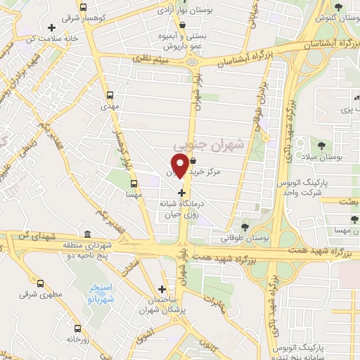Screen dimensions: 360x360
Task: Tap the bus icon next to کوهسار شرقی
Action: click(x=83, y=8)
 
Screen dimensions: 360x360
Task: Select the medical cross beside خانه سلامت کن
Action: click(x=51, y=29)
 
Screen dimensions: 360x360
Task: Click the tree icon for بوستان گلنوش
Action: click(x=339, y=8)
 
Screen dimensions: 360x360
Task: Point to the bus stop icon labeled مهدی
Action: click(x=110, y=95)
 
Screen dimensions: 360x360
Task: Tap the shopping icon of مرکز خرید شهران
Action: click(x=193, y=161)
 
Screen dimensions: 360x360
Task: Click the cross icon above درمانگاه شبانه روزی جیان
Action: click(x=182, y=192)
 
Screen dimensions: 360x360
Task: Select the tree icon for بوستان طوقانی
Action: click(x=245, y=226)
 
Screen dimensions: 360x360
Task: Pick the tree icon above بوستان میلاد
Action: click(x=321, y=146)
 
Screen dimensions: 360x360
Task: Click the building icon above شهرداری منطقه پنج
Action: click(x=86, y=233)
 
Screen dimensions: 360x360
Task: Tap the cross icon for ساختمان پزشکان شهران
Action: click(x=162, y=288)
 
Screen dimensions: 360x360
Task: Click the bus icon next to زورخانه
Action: click(x=78, y=328)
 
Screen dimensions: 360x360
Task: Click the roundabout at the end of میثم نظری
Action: click(x=192, y=62)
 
